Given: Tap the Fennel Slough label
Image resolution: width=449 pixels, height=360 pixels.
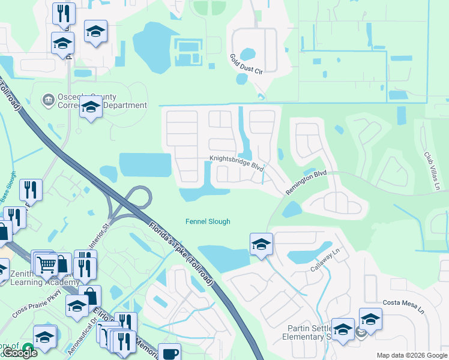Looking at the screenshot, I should pos(207,222).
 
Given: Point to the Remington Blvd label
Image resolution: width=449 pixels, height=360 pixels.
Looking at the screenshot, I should pos(306,182).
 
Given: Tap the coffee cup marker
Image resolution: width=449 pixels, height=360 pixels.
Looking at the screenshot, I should pos(170,352).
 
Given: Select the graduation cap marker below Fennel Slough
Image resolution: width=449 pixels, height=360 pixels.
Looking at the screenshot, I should pos(261,244).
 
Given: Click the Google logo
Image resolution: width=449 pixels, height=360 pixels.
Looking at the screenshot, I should pos(20,353).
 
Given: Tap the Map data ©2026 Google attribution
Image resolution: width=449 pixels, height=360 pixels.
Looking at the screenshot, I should pos(412,355).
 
